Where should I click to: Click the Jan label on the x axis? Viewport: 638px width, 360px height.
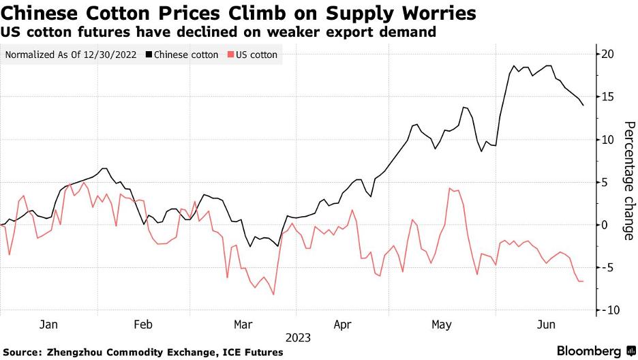(48, 325)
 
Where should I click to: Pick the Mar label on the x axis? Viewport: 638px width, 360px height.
(243, 325)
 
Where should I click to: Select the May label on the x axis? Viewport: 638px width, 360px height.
(442, 325)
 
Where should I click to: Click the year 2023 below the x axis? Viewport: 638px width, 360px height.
(299, 337)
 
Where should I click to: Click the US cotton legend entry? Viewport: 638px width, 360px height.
(256, 55)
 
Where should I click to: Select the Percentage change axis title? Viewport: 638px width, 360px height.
(628, 181)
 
